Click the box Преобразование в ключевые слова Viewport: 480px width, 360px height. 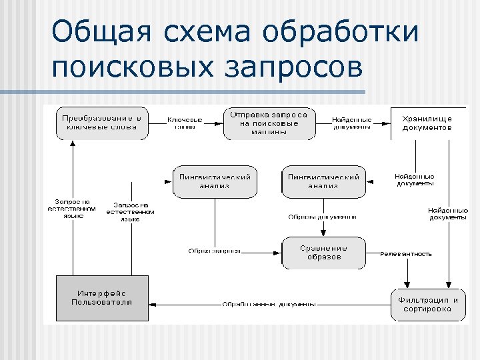(x=101, y=123)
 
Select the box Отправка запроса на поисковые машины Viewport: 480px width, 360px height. (x=269, y=123)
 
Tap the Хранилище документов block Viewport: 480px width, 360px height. (x=427, y=123)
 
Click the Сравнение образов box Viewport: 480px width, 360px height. (x=323, y=253)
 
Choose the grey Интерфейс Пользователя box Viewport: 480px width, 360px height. (x=102, y=297)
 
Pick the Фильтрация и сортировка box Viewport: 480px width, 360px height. (x=429, y=305)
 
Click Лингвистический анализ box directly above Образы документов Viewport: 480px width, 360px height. (x=323, y=181)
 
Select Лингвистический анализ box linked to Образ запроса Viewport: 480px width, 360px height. (x=215, y=181)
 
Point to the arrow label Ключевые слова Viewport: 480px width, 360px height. (x=185, y=123)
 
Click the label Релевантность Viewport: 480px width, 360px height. (x=406, y=254)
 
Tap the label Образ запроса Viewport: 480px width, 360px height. (x=214, y=251)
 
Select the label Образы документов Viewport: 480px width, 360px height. (x=322, y=217)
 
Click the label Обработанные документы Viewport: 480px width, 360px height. (x=269, y=305)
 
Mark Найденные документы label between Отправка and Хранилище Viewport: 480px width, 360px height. (x=351, y=123)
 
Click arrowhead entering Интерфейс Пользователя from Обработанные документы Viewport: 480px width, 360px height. (x=153, y=305)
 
